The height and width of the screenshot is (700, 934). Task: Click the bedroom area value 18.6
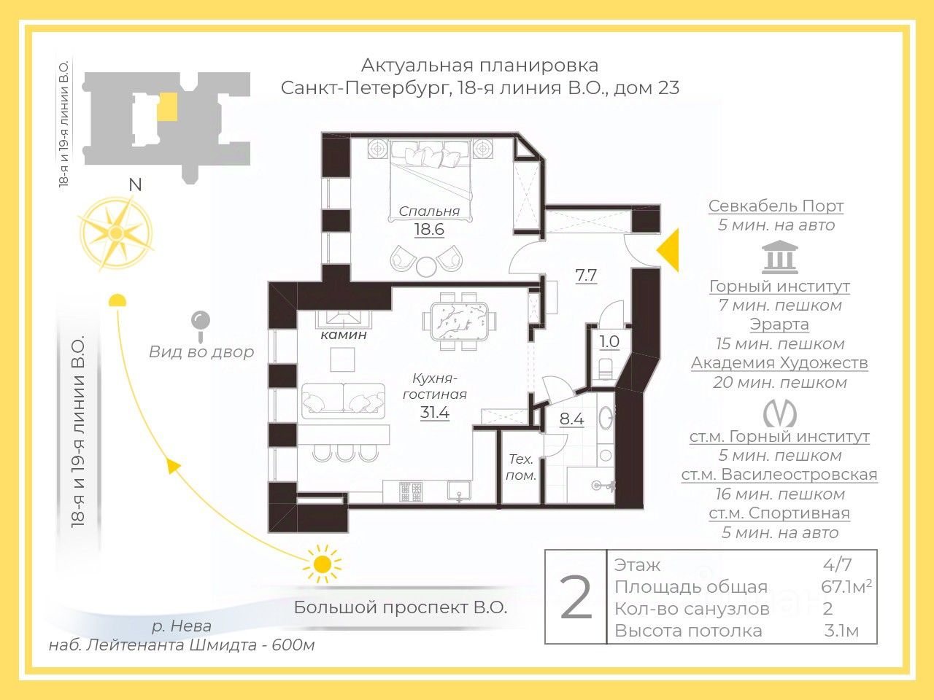click(x=429, y=230)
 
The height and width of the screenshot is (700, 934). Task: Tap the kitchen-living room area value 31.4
click(x=435, y=413)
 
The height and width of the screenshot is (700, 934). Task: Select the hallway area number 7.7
click(x=586, y=276)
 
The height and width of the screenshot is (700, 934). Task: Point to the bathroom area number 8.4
click(x=571, y=419)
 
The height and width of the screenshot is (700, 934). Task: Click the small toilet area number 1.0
click(x=609, y=342)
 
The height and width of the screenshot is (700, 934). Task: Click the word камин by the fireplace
click(x=344, y=335)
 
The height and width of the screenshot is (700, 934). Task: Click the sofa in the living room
click(x=343, y=400)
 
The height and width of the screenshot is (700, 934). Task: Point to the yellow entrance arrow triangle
click(x=669, y=249)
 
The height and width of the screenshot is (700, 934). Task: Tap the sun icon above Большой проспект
click(x=322, y=564)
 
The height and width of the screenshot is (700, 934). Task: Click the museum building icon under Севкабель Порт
click(x=779, y=258)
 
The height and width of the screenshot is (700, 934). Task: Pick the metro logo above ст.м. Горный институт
click(x=779, y=414)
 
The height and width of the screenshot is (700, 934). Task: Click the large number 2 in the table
click(x=576, y=597)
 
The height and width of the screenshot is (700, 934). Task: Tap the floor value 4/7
click(x=837, y=564)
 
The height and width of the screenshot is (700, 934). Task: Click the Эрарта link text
click(x=779, y=324)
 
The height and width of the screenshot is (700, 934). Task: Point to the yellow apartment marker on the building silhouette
click(x=166, y=106)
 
